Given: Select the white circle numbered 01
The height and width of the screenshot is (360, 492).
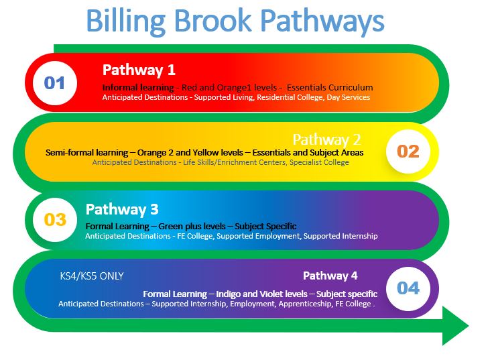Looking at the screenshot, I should point(54,83).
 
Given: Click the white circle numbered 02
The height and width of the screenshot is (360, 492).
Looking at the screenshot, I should point(408,151).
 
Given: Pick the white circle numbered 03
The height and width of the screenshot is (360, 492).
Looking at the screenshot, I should point(55,220).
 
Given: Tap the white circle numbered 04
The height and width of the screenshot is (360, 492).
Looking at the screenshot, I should point(408,288).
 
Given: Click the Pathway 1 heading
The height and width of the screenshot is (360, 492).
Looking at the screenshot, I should point(139,70).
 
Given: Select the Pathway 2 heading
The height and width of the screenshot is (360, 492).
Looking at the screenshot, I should point(326,139).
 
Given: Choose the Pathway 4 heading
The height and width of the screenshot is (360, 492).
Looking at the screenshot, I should point(330,276).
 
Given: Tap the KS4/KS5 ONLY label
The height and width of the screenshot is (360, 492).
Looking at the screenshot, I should point(92,276).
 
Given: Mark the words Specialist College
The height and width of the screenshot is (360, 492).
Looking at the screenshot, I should point(319,162).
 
